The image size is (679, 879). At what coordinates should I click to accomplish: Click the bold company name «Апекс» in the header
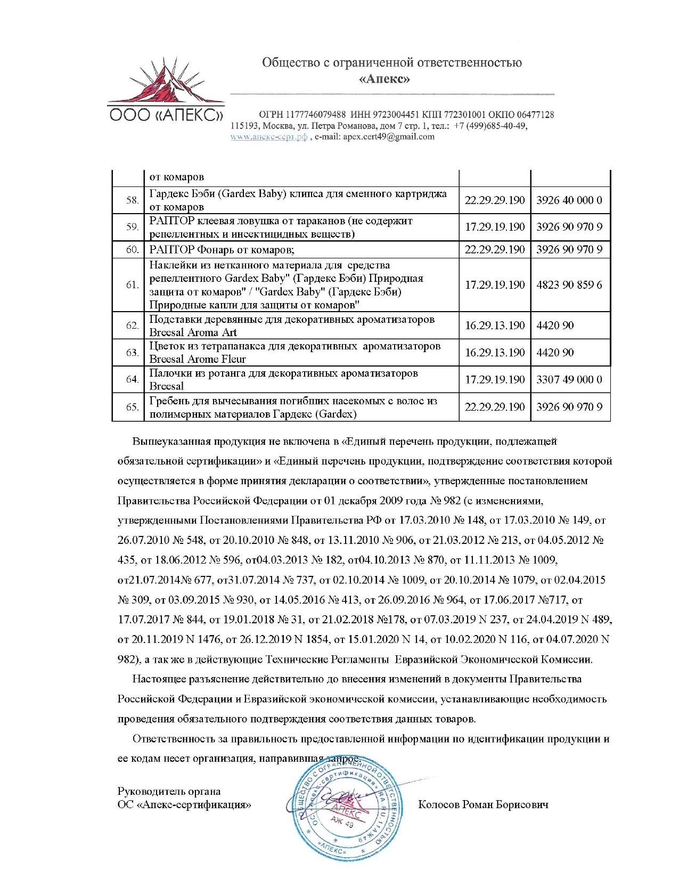click(384, 79)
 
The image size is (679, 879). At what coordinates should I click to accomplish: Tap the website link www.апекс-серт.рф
click(268, 136)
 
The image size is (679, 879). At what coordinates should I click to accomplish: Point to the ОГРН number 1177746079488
click(316, 115)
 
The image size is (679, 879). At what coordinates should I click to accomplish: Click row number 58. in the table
click(132, 200)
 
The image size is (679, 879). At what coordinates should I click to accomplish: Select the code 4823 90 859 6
click(569, 285)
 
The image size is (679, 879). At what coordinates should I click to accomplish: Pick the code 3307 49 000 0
click(569, 379)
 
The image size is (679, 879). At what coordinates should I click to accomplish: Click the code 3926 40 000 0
click(569, 200)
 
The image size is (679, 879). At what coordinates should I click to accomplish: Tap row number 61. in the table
click(132, 285)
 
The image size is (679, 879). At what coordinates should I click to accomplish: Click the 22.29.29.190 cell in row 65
click(494, 407)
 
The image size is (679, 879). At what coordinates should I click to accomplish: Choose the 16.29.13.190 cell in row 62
click(494, 325)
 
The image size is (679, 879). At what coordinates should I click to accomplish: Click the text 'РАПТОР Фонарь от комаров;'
click(222, 249)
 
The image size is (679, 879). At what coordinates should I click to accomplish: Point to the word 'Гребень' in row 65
click(169, 401)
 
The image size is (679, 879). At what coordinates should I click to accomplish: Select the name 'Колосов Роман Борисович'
click(483, 804)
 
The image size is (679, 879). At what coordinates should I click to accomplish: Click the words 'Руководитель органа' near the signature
click(169, 791)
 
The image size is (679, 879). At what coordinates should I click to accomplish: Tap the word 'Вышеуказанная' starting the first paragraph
click(172, 441)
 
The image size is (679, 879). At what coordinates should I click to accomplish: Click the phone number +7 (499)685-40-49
click(490, 126)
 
